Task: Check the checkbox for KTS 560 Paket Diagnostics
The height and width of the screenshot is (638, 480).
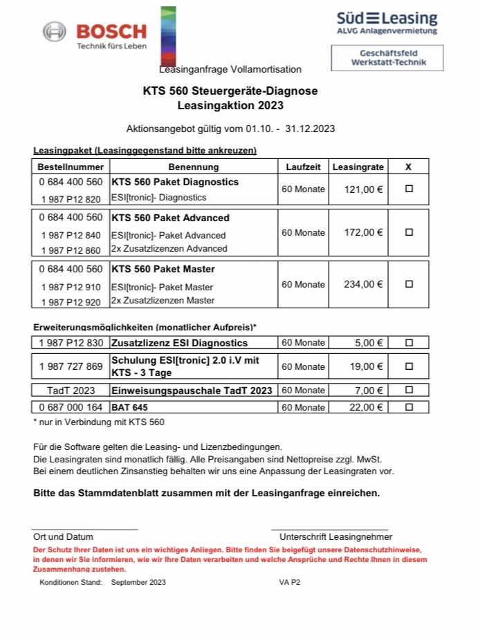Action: pyautogui.click(x=409, y=189)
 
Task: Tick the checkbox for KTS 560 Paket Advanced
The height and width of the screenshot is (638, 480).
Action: pyautogui.click(x=409, y=232)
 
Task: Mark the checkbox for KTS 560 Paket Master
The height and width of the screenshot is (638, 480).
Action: pyautogui.click(x=409, y=284)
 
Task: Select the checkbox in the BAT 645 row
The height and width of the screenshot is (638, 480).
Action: pyautogui.click(x=409, y=407)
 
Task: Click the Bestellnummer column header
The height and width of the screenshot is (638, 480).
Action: pyautogui.click(x=71, y=167)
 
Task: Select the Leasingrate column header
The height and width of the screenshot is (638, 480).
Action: pyautogui.click(x=358, y=167)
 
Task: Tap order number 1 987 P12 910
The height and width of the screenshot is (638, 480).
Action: pyautogui.click(x=71, y=287)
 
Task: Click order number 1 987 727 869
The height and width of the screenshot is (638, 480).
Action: pyautogui.click(x=71, y=366)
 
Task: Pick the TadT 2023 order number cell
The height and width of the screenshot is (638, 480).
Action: pyautogui.click(x=71, y=391)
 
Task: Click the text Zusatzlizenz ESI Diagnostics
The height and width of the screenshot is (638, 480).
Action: pyautogui.click(x=179, y=343)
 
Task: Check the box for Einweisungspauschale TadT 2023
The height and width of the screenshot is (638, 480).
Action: pyautogui.click(x=409, y=391)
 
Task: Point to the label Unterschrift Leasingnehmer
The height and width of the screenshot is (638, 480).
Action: pyautogui.click(x=335, y=536)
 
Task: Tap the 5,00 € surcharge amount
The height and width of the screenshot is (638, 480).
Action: pyautogui.click(x=369, y=343)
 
